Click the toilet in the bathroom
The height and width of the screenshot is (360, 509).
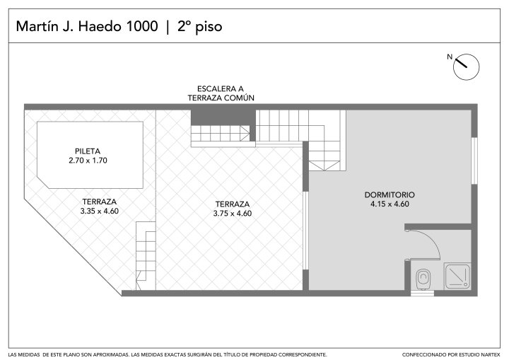pos(423,279)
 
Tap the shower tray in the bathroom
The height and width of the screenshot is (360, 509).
pos(457,277)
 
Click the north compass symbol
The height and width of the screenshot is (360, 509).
pos(466,67)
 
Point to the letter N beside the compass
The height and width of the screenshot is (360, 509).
pos(450,57)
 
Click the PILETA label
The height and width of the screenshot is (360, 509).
pos(88,151)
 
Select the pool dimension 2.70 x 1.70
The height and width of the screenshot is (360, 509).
pos(88,160)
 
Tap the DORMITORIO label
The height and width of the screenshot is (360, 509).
pos(390,194)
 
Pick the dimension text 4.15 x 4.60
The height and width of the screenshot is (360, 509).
pos(390,204)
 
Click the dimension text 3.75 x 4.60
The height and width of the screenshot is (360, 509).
pos(233,213)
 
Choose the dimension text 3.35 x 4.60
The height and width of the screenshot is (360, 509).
pos(100,211)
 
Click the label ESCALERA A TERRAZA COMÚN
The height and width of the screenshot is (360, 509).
pos(221,93)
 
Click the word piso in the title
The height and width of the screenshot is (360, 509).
pos(209,27)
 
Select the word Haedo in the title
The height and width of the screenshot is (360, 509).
pos(100,26)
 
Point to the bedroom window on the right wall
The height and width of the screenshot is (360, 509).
pos(474,161)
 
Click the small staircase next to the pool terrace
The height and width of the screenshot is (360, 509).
pos(146,255)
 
